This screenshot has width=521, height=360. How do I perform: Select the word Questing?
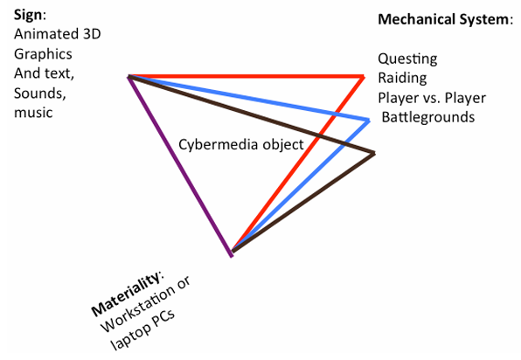[407, 59]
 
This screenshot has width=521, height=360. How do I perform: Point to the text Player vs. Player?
[431, 97]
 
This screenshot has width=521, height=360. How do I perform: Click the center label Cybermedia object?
[240, 144]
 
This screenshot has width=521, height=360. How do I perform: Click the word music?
[33, 113]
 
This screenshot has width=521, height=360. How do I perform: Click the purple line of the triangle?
[180, 166]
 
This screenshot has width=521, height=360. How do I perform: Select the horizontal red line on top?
[245, 77]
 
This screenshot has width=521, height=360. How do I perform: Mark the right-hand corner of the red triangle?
[363, 77]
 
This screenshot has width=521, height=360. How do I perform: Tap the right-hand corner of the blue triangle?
[369, 119]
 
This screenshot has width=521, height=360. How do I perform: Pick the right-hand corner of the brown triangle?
[374, 155]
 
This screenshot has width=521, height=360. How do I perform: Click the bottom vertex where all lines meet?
[233, 253]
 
